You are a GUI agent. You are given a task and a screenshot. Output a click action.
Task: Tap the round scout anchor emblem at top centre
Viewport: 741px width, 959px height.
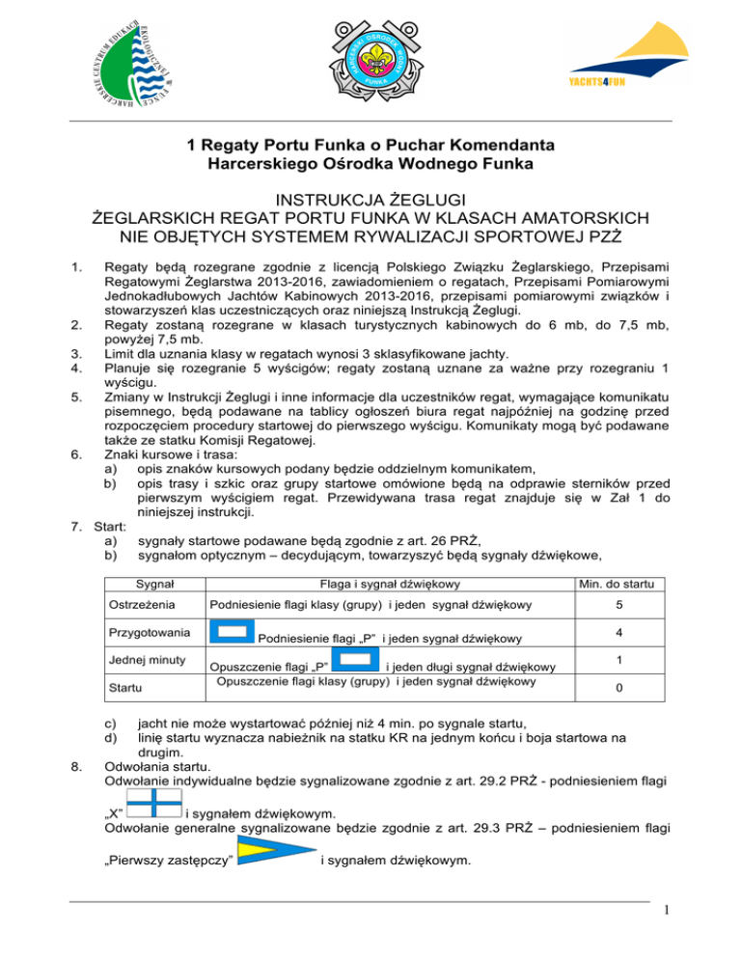tap(370, 59)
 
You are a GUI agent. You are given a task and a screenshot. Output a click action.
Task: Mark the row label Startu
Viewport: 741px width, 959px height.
tap(123, 690)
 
